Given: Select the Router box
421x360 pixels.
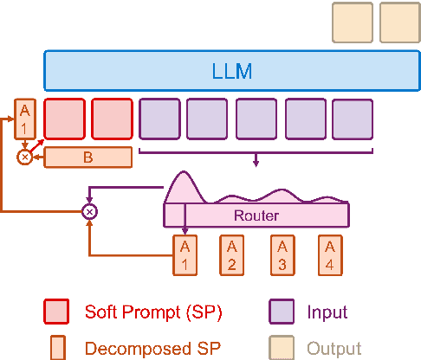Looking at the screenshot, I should pyautogui.click(x=256, y=215).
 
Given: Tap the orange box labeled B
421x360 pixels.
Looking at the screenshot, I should pyautogui.click(x=87, y=157).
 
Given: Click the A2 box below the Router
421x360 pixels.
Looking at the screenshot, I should pyautogui.click(x=231, y=254).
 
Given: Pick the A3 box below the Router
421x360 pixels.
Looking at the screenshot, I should pyautogui.click(x=281, y=254).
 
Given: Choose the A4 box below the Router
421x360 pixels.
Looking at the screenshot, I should pyautogui.click(x=329, y=254).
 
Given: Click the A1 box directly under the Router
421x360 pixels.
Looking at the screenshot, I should pyautogui.click(x=185, y=254).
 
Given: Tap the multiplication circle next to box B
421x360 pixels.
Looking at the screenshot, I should pyautogui.click(x=25, y=157).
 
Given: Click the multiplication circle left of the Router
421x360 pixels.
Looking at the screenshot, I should pyautogui.click(x=88, y=211).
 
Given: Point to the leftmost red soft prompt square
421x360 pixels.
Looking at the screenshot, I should pyautogui.click(x=64, y=119).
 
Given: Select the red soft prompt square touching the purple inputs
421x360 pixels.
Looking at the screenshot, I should pyautogui.click(x=112, y=119).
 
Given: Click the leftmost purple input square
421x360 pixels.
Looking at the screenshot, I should pyautogui.click(x=159, y=119).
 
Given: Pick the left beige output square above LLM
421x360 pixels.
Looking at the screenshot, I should pyautogui.click(x=353, y=22).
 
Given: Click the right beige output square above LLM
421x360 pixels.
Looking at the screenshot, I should pyautogui.click(x=399, y=22).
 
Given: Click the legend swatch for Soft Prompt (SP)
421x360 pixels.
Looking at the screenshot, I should pyautogui.click(x=56, y=311).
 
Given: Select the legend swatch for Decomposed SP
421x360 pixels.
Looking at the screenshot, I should pyautogui.click(x=56, y=348).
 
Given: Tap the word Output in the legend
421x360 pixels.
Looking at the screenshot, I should pyautogui.click(x=334, y=349).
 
